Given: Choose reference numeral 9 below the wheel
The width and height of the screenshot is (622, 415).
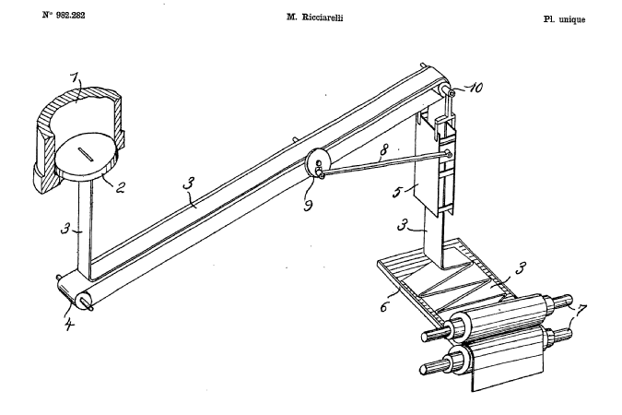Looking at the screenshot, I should [310, 204].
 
